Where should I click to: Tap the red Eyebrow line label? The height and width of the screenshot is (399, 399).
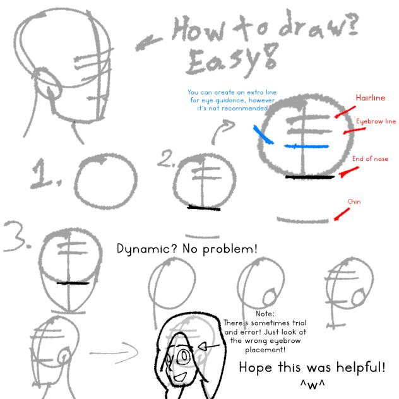click(376, 121)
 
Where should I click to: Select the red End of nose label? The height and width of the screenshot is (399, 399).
click(370, 159)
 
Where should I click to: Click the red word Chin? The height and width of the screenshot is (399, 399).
click(354, 202)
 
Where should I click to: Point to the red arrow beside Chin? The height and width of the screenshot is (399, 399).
click(341, 215)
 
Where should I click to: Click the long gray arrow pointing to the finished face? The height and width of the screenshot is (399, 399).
click(118, 348)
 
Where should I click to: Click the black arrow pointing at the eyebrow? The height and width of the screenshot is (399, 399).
click(210, 347)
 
